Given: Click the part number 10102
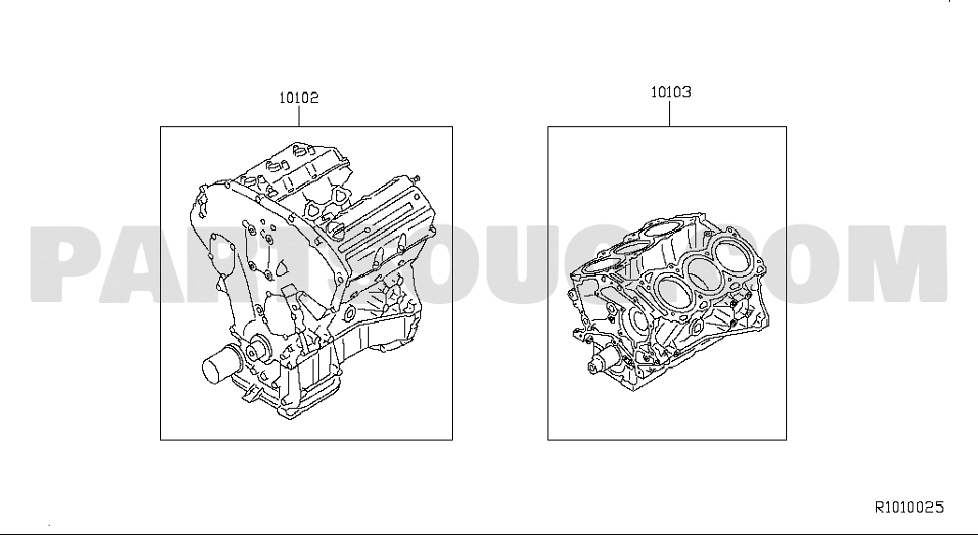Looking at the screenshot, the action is [299, 97].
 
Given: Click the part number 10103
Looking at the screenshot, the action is [671, 93].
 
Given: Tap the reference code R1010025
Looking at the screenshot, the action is [910, 507].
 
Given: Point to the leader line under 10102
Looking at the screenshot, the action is [299, 116].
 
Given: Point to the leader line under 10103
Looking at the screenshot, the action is [670, 113].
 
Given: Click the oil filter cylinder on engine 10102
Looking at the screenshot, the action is [218, 366].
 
